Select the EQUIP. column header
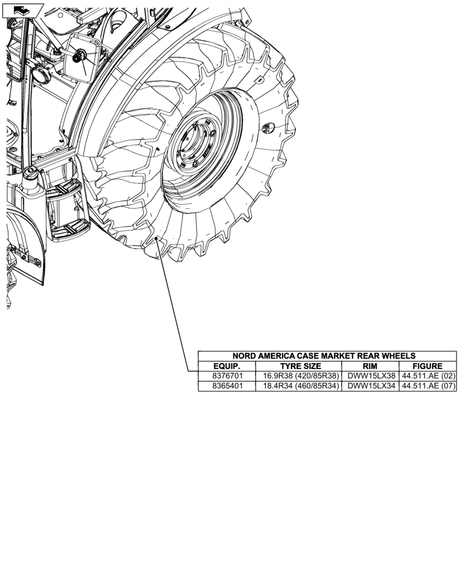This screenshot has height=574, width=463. (x=226, y=366)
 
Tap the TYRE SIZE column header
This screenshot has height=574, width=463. (x=300, y=366)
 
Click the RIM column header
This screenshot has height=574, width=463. (x=370, y=366)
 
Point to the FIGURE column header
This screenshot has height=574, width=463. (x=427, y=366)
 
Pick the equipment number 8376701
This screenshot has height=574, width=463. (x=226, y=376)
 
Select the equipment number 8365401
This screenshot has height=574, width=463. (x=226, y=386)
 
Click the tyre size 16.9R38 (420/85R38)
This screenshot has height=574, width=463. (x=300, y=376)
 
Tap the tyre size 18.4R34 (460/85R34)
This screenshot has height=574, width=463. (x=300, y=386)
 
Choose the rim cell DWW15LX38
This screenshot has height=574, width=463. (x=371, y=376)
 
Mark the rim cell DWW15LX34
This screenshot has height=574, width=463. (x=371, y=386)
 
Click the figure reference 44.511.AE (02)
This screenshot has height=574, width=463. (x=428, y=376)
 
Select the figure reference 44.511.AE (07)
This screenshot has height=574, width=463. (x=428, y=386)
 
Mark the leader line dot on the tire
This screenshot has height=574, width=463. (x=156, y=238)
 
